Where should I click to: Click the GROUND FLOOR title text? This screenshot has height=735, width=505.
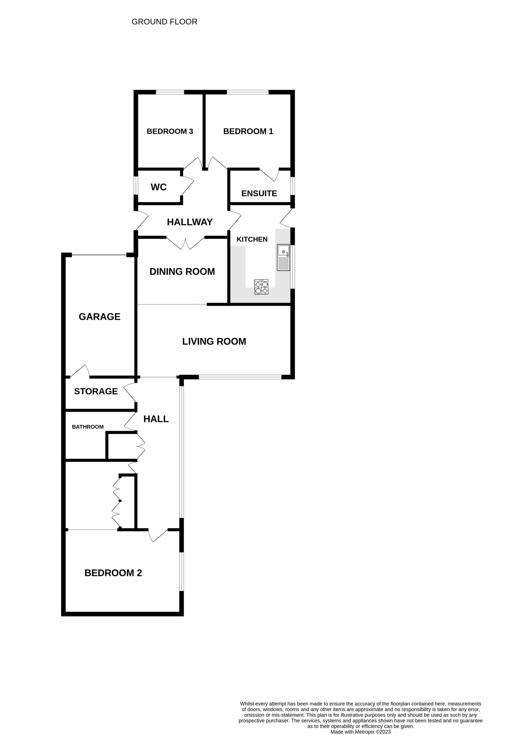point(164,22)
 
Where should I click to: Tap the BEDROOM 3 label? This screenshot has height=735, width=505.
point(170,131)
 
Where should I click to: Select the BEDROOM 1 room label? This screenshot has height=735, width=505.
point(248,131)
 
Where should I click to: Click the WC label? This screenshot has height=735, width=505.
point(159,187)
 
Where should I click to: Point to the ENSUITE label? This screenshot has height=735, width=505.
point(259,193)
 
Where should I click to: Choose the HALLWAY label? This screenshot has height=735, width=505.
point(190,222)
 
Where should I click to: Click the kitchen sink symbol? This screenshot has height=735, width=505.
point(283,258)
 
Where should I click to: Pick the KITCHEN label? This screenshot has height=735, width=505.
point(252,239)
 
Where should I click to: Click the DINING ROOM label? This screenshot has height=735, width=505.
point(182,271)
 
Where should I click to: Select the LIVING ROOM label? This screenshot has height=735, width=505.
point(214,341)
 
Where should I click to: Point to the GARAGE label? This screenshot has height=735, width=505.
point(99,317)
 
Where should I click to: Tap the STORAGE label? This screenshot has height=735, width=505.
point(96,391)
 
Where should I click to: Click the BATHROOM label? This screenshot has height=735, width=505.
point(88,427)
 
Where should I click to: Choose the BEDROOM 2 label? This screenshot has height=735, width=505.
point(113,573)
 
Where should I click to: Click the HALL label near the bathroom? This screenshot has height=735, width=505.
point(156,419)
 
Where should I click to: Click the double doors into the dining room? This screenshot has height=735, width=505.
point(186,243)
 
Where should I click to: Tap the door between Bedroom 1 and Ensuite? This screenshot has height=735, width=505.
point(269,175)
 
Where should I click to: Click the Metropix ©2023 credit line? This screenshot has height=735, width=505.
point(361,732)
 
